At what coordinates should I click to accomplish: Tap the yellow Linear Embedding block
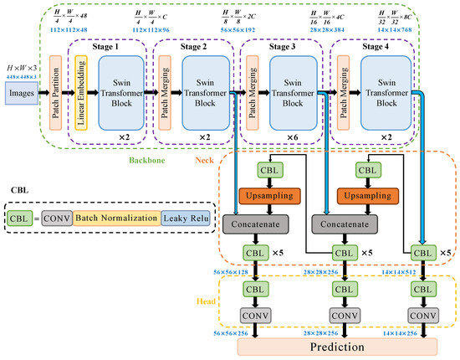pyautogui.click(x=82, y=94)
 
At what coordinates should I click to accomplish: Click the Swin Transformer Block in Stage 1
pyautogui.click(x=118, y=94)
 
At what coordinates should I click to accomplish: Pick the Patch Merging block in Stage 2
pyautogui.click(x=165, y=94)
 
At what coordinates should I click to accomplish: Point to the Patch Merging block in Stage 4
pyautogui.click(x=340, y=94)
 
